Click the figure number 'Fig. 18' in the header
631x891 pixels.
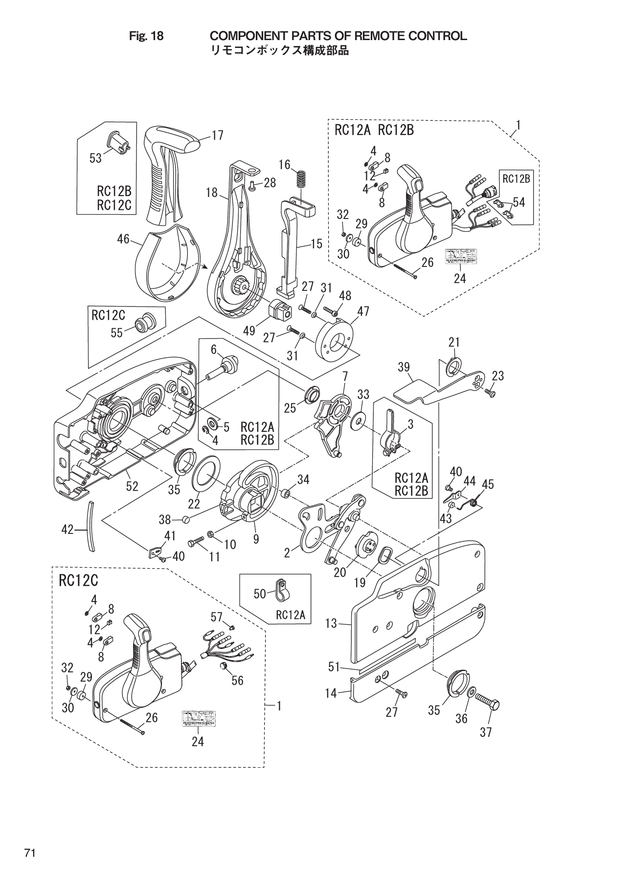pos(146,36)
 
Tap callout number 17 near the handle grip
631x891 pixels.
pos(218,135)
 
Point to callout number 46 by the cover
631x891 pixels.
pos(123,239)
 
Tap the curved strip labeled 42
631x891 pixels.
pos(90,526)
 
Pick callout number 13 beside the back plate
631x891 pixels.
pos(331,623)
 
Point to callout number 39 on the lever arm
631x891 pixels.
pos(404,367)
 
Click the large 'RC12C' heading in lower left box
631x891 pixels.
pos(79,581)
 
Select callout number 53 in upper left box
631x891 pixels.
pos(95,157)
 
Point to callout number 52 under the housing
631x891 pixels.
pos(132,486)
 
